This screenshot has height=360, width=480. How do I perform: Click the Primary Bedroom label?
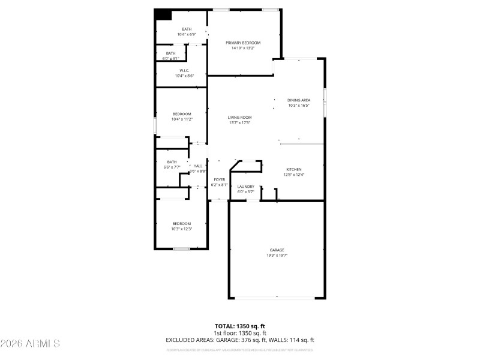pos(243,43)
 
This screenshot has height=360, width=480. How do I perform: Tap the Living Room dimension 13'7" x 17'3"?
pos(239,123)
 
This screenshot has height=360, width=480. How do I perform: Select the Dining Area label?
pos(298,100)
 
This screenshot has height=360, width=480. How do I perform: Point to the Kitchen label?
pos(293,170)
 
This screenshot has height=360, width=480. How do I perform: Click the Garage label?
pos(277,250)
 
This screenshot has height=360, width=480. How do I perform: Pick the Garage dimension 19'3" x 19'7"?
pos(277,255)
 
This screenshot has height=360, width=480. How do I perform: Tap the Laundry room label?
pos(246,187)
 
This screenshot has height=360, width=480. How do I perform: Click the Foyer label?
pos(220,179)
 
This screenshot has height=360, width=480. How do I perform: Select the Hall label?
pos(197,166)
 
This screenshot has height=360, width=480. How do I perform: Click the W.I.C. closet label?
pos(184,70)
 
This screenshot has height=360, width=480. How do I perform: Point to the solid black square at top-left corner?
pos(163,14)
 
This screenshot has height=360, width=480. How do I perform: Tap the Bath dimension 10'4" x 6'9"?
pos(187,35)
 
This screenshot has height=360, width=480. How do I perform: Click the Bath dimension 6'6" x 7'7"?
pos(172,167)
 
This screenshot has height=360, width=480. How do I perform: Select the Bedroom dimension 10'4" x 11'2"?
pos(182,119)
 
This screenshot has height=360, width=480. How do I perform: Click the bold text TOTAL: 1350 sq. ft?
pos(240,326)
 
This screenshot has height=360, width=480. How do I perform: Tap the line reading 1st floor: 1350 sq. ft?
pos(240,333)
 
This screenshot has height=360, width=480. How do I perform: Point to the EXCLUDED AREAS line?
pos(240,340)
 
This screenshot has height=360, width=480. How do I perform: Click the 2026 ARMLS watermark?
pos(30,344)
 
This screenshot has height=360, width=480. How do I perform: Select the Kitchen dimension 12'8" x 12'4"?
pos(294,175)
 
